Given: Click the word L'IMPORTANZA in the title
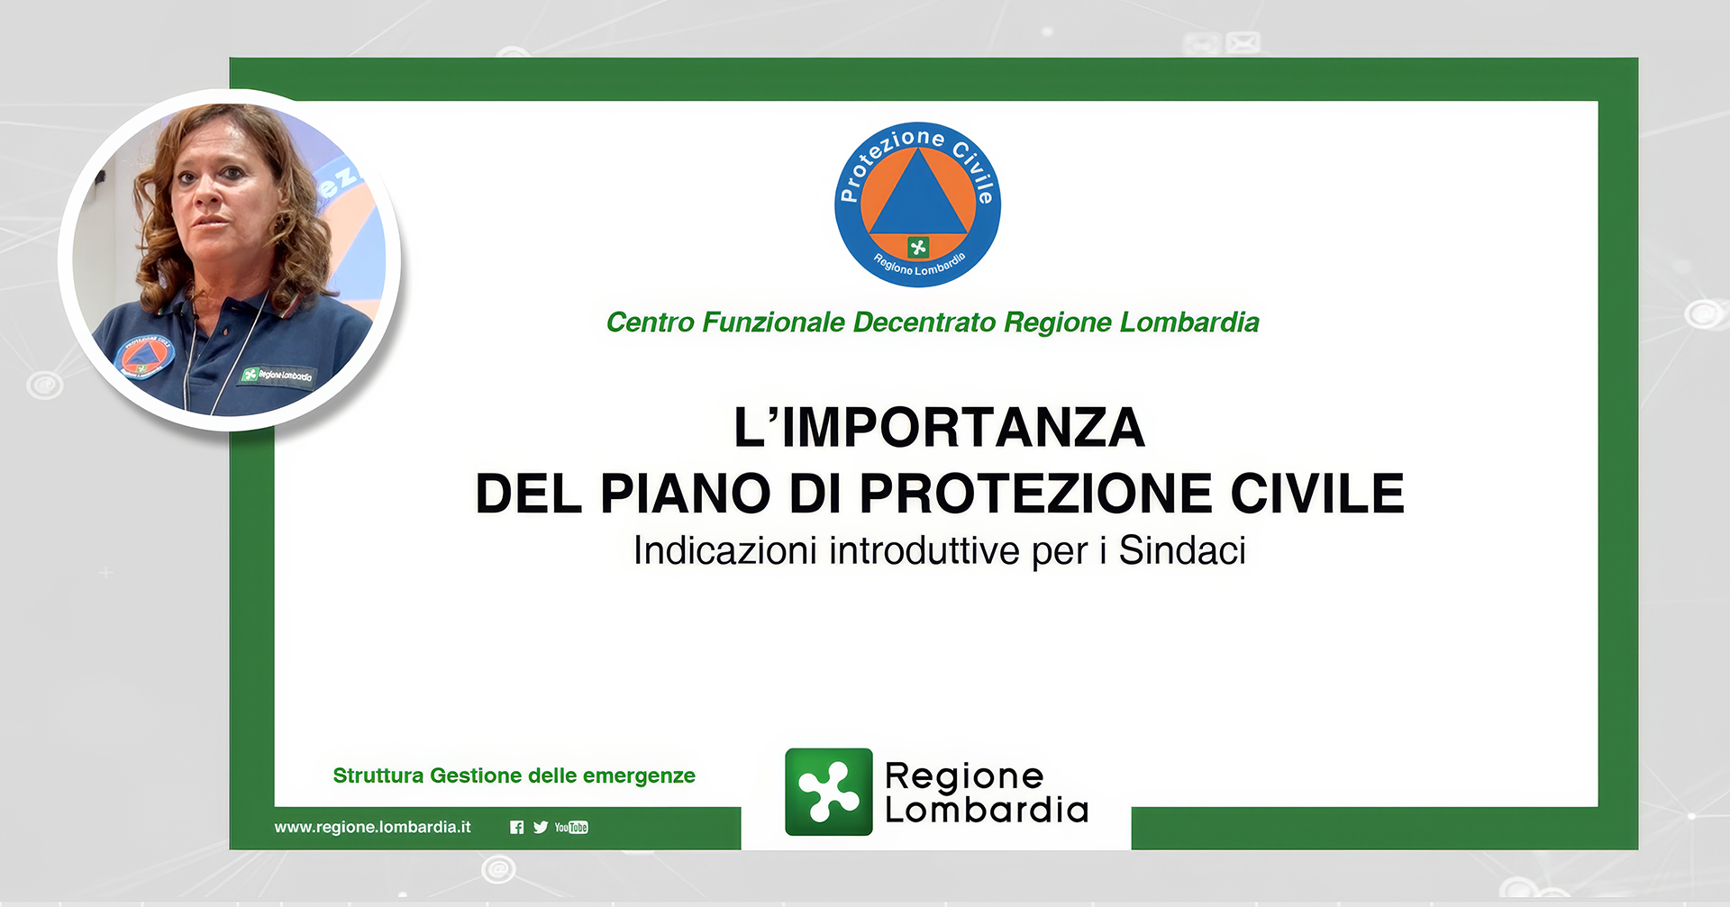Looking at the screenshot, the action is click(x=939, y=427).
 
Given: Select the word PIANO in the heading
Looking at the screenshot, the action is click(x=686, y=494).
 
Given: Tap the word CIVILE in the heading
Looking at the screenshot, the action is click(x=1317, y=494).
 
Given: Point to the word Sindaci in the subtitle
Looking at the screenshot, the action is click(x=1182, y=550).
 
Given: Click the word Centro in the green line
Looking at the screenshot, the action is click(x=650, y=322).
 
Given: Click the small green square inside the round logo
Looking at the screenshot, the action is click(x=918, y=247).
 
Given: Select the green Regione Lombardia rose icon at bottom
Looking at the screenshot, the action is click(x=829, y=792).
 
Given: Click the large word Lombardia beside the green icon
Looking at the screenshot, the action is click(x=987, y=810).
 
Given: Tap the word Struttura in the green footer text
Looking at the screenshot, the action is click(x=378, y=775).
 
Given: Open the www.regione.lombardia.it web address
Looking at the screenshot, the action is click(x=372, y=827).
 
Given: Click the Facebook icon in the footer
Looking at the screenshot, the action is click(x=516, y=827).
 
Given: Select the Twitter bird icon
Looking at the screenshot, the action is click(x=541, y=827).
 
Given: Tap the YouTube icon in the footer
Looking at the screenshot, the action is click(x=571, y=827).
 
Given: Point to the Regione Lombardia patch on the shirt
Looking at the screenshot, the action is click(x=277, y=375).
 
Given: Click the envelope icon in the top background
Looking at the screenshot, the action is click(x=1243, y=42).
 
